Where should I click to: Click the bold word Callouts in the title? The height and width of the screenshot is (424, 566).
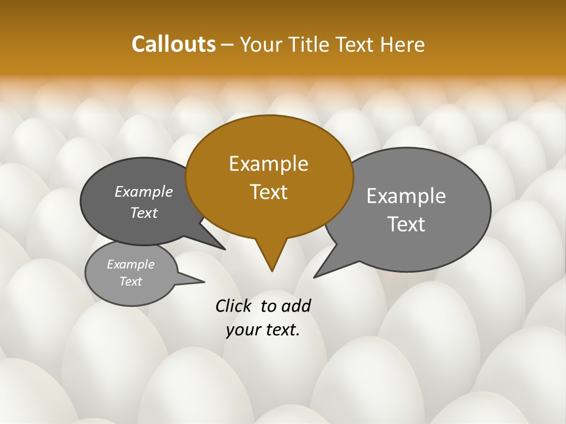(173, 44)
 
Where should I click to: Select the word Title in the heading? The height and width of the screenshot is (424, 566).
(311, 44)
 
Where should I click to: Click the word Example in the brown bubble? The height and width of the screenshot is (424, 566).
(268, 164)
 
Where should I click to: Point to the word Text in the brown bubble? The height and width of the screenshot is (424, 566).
(268, 192)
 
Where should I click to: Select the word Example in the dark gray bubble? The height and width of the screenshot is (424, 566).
(144, 191)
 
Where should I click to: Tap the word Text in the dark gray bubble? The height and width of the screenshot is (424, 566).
(144, 213)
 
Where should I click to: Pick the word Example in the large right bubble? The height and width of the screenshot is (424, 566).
(406, 196)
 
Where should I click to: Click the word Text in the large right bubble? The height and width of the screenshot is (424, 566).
(406, 224)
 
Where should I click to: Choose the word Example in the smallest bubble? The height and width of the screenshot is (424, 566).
(130, 264)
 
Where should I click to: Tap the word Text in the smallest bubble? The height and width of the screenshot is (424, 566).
(130, 281)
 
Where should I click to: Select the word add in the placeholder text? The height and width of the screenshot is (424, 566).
(295, 306)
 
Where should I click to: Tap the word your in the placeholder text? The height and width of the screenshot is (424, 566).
(242, 330)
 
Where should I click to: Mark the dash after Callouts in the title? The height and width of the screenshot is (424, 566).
(228, 45)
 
